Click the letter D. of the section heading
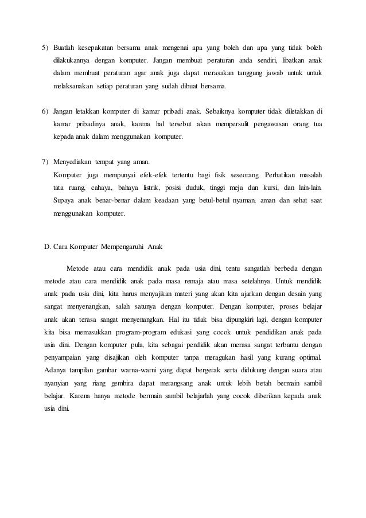point(48,247)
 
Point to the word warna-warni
point(144,374)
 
